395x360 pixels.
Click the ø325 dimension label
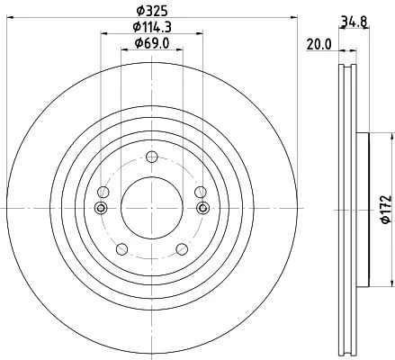pos(151,11)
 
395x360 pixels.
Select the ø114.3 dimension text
pos(152,27)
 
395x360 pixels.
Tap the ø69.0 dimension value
pos(152,43)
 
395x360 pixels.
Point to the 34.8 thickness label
pos(355,22)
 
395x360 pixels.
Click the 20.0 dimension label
pos(319,45)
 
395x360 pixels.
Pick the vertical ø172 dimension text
pos(387,210)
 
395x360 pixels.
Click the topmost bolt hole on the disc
pos(152,157)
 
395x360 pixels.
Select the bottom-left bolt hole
pos(121,249)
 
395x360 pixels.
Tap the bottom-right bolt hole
pos(182,249)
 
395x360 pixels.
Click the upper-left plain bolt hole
pos(103,192)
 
